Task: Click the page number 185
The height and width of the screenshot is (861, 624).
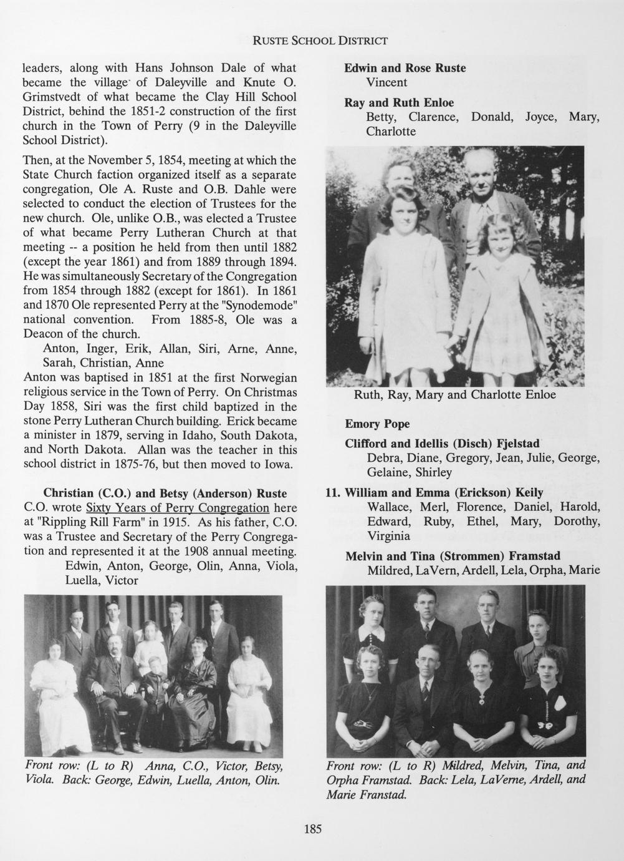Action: (312, 829)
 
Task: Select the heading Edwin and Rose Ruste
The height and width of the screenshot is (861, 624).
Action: (405, 68)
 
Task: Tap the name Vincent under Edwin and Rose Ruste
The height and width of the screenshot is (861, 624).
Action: (386, 82)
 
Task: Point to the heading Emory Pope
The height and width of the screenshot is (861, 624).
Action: (377, 424)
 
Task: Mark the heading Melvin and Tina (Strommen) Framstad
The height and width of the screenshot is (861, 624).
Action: (453, 556)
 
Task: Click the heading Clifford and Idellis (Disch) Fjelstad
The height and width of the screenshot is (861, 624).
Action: (442, 444)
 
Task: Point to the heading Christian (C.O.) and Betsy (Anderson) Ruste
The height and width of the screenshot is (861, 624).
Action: (165, 494)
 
